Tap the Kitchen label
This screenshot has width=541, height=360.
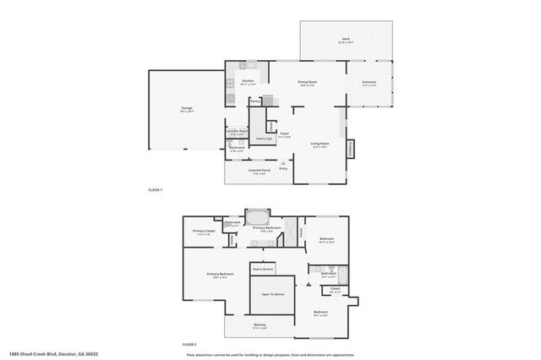[248, 81]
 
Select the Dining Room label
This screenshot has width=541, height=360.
[305, 81]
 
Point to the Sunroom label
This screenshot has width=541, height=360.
[369, 82]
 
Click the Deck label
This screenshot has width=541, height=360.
[345, 40]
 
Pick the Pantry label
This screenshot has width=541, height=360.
[254, 101]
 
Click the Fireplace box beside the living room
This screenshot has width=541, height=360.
[350, 148]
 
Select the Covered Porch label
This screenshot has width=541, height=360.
[259, 170]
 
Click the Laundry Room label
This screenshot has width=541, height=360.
[237, 131]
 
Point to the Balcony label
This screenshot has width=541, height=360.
[260, 325]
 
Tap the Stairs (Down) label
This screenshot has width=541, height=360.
[263, 268]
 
